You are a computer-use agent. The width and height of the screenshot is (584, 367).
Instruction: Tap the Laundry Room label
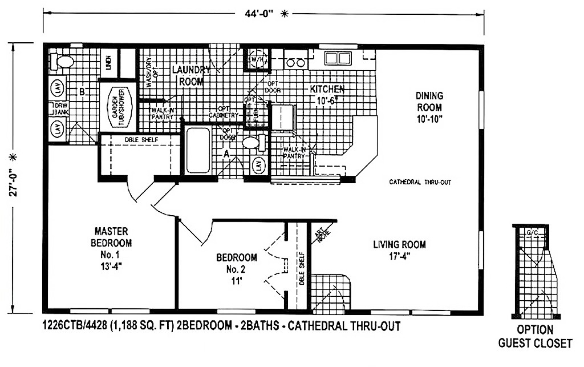[191, 75]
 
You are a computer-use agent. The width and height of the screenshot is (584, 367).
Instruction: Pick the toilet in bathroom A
[252, 142]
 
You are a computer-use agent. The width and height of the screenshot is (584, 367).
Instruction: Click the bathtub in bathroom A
[198, 151]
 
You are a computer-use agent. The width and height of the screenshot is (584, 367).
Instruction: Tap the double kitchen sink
[337, 58]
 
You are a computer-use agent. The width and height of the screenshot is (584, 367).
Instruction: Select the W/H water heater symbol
[256, 58]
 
